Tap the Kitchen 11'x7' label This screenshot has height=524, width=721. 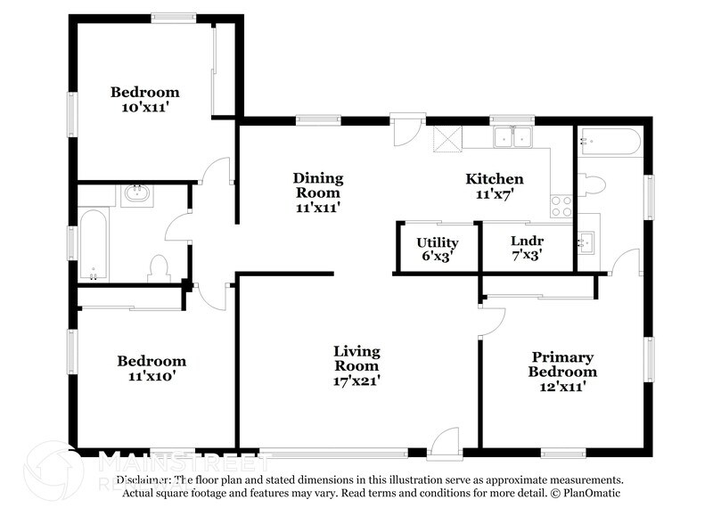click(495, 186)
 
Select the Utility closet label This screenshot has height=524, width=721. click(438, 249)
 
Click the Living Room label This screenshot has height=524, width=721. click(356, 365)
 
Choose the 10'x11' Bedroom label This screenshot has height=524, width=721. click(144, 99)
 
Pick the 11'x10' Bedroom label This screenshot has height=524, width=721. click(152, 368)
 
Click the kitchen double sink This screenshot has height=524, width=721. click(513, 137)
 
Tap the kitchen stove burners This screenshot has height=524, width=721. click(561, 206)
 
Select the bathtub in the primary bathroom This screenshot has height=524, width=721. click(609, 142)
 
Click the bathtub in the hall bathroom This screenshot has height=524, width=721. click(93, 243)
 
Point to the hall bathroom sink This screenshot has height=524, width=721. click(136, 193)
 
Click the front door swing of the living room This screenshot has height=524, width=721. click(443, 441)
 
